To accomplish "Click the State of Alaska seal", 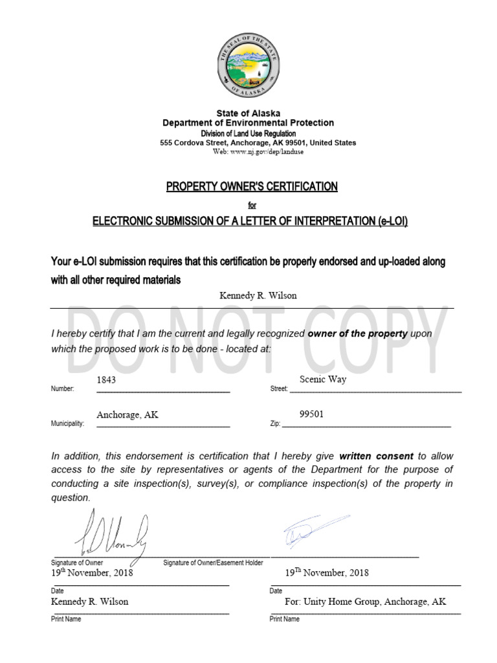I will point(248,64).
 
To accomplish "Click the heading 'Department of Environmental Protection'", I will point(248,123).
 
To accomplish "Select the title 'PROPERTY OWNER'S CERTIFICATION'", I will point(252,186).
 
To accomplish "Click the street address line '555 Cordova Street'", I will point(258,142).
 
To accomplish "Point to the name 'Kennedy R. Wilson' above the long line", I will point(258,295).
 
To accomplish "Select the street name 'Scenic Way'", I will point(323,379).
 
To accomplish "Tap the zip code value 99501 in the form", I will point(312,414).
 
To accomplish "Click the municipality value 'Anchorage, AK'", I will point(127,415).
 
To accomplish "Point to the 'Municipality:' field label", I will point(67,423).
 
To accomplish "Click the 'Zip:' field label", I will point(274,423).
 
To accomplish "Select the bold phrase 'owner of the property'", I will point(358,333).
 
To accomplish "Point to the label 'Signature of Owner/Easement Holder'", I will point(213,563).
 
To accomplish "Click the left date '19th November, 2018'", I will point(92,573).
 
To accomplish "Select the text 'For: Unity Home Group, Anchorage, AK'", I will point(365,601).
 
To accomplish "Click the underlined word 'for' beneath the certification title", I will point(252,205).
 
